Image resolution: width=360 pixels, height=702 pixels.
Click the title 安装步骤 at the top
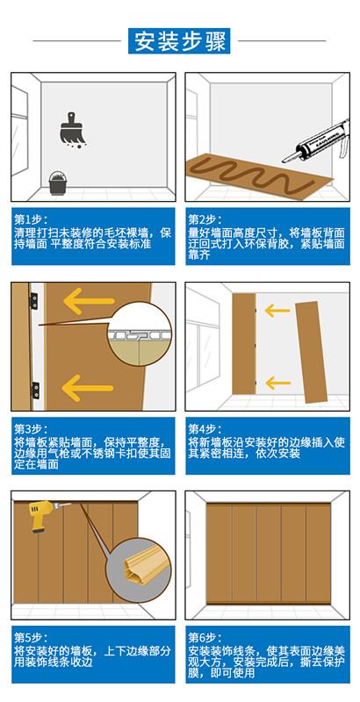(x=179, y=40)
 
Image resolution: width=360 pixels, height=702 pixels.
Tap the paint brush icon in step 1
(x=74, y=130)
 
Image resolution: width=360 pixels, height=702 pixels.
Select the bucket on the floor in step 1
(x=56, y=183)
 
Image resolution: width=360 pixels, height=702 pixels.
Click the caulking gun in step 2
(x=316, y=140)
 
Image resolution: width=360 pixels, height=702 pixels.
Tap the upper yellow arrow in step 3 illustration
(x=89, y=300)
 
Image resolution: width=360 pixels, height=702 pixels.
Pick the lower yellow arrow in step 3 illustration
(x=88, y=387)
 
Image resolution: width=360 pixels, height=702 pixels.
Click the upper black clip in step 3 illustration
(x=33, y=299)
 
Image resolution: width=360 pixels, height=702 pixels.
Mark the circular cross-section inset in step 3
(x=140, y=333)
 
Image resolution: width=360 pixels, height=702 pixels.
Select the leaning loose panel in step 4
(x=311, y=352)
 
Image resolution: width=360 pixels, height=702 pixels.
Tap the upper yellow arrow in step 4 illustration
(x=277, y=310)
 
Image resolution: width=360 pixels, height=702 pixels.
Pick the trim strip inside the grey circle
(x=139, y=569)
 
